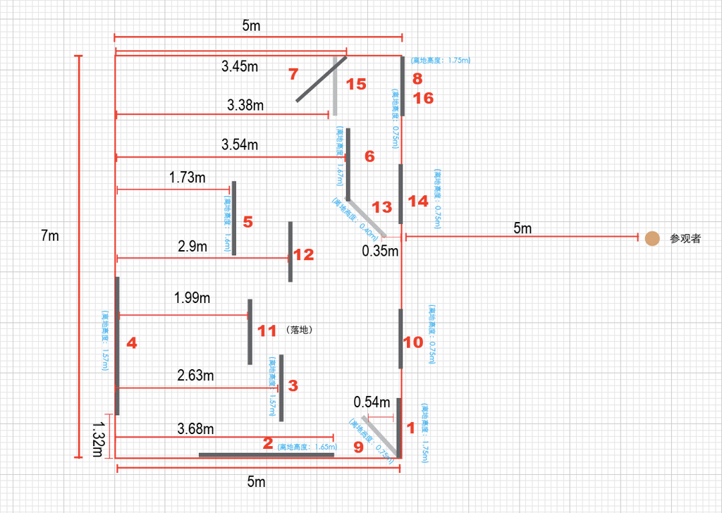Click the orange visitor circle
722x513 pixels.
652,239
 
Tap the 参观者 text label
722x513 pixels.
685,239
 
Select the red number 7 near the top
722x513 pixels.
293,73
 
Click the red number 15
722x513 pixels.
356,85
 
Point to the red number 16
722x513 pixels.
424,98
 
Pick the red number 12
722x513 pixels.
303,255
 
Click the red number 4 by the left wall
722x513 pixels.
132,343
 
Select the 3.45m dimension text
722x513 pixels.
238,67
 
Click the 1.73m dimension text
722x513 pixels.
188,178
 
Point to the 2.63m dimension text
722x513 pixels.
195,376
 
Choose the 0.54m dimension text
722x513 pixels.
372,402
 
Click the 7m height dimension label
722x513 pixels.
50,236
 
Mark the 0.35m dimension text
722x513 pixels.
380,251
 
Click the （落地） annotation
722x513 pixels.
300,329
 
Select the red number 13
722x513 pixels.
381,207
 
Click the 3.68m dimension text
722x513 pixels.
195,428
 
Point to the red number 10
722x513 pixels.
413,342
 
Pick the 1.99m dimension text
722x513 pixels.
192,298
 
